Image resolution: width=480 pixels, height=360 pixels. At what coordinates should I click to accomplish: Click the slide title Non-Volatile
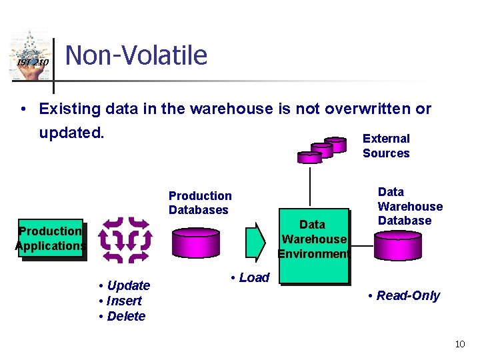137,55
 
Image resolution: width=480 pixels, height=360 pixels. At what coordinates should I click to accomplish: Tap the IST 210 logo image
30,57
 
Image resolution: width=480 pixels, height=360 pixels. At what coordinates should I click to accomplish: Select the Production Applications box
50,239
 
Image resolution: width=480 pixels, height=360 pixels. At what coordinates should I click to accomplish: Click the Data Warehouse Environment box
313,239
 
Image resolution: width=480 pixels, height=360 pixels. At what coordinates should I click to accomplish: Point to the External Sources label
386,146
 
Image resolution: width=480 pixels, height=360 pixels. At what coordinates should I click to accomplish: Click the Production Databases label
200,203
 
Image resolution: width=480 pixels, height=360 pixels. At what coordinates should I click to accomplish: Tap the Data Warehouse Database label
409,206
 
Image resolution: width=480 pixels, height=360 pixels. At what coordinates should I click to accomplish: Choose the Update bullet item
125,286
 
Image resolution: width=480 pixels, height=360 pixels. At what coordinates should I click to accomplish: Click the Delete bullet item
122,316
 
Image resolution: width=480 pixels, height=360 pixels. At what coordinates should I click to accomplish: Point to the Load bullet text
250,278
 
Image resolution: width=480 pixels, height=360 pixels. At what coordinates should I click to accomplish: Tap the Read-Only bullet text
404,296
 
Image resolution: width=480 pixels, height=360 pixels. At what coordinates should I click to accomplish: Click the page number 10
459,344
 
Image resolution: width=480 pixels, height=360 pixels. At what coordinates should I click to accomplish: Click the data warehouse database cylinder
397,245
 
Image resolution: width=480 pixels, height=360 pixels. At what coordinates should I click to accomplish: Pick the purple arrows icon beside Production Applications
125,238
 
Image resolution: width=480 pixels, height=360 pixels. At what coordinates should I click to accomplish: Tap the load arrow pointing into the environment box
256,242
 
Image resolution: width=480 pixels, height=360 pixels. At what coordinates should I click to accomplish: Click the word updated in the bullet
70,132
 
